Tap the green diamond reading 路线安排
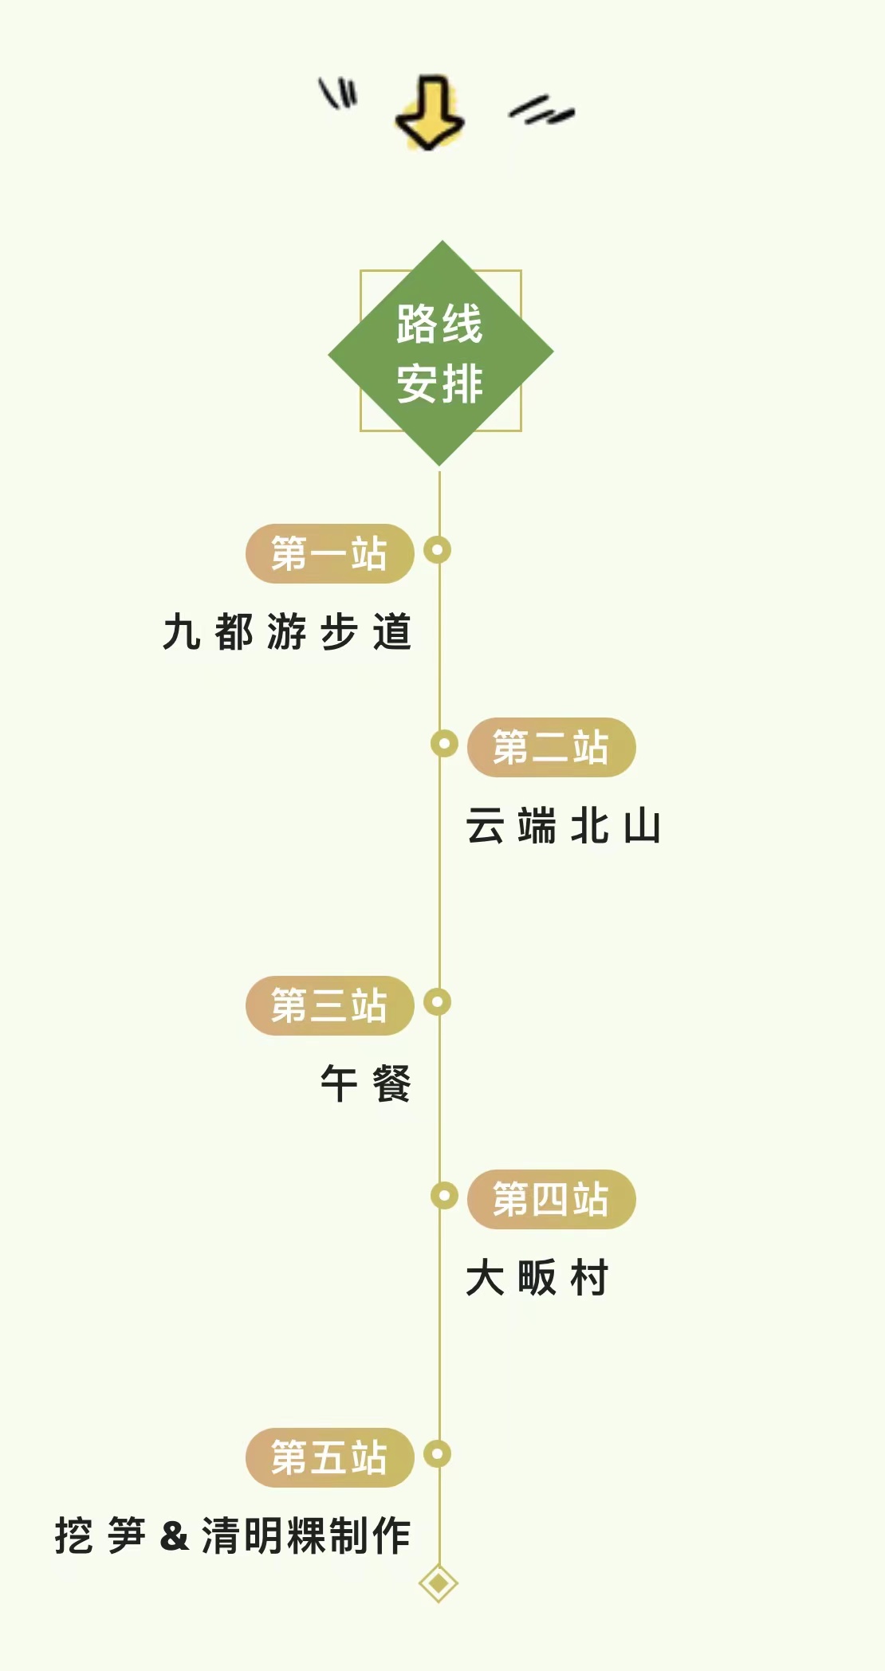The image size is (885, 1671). [x=441, y=353]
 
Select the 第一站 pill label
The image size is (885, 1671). [x=329, y=553]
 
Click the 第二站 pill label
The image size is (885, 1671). [x=551, y=747]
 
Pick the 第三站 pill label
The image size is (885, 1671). [x=329, y=1005]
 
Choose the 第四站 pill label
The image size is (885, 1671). [x=551, y=1199]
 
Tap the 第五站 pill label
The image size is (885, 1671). [x=329, y=1457]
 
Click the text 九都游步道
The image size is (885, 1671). [x=287, y=632]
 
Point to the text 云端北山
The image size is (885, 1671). [x=564, y=826]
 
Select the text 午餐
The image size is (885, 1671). [x=366, y=1084]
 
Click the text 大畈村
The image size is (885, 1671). [x=537, y=1278]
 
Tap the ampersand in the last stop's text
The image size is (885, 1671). [x=174, y=1536]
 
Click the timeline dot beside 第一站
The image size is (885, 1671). [x=438, y=550]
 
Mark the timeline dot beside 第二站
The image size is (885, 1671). [x=444, y=744]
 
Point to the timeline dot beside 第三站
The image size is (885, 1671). [x=438, y=1002]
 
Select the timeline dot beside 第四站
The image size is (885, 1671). [x=444, y=1196]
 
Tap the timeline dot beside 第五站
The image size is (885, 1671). [x=438, y=1454]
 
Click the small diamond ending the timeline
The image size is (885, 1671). [x=439, y=1583]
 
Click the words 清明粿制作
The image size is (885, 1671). [x=306, y=1536]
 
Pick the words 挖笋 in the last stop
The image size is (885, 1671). [x=100, y=1536]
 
